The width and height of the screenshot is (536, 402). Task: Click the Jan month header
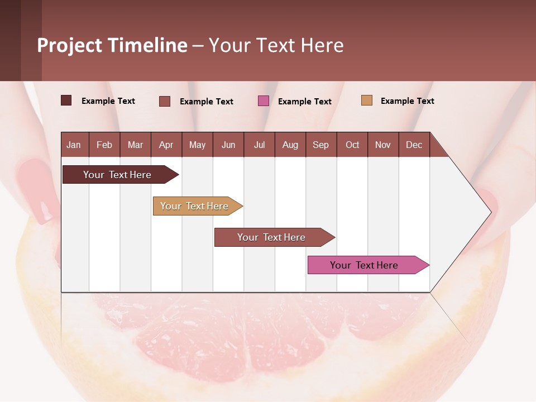(74, 145)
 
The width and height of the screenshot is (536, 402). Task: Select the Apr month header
(166, 145)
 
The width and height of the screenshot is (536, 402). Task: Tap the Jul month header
(259, 145)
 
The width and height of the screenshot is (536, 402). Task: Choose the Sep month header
(320, 145)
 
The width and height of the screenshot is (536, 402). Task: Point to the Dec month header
(414, 145)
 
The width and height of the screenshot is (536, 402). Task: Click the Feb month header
(104, 145)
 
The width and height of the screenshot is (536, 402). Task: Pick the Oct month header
(352, 145)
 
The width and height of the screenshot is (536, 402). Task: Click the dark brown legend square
(66, 100)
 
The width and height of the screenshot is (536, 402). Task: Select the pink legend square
(264, 101)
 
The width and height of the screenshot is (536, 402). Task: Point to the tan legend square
(366, 100)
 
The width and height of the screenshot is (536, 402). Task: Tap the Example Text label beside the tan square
(407, 101)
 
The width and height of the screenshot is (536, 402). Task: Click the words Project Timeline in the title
(112, 45)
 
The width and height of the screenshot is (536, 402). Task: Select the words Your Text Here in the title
(276, 45)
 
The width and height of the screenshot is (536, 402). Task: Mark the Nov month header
(383, 145)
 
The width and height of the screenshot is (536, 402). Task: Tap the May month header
(197, 145)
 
